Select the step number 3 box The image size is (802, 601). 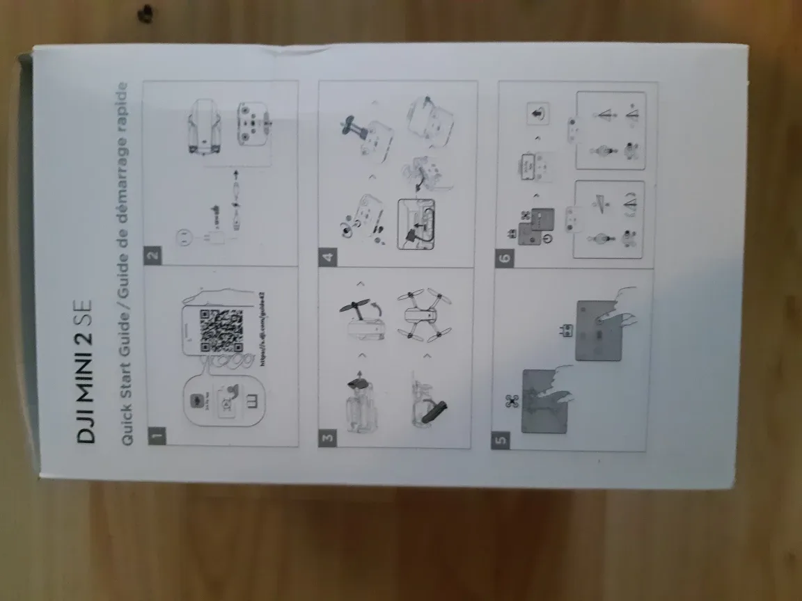tap(328, 438)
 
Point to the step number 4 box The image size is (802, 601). tap(328, 257)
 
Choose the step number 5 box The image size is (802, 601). tap(502, 440)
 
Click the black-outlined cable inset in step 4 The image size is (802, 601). tap(416, 223)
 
